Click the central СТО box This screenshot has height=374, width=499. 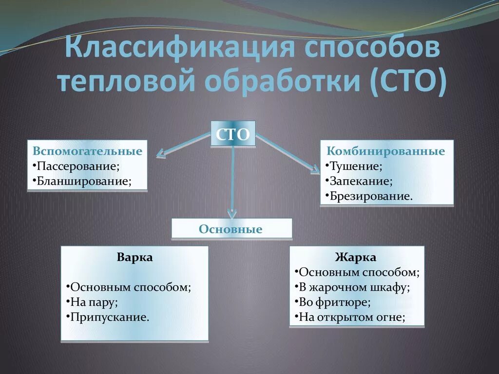coord(233,134)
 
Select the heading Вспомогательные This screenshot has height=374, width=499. coord(88,151)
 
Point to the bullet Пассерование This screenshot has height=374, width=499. coord(78,166)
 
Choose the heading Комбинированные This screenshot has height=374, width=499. coord(386,151)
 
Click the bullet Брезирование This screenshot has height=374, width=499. coord(369,196)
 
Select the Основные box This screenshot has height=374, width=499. coord(231,229)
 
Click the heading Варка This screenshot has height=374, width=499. coord(134,257)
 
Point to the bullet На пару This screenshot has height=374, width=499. coord(93,302)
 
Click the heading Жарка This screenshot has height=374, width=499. coord(356,257)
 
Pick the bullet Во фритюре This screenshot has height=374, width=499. coord(333,302)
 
